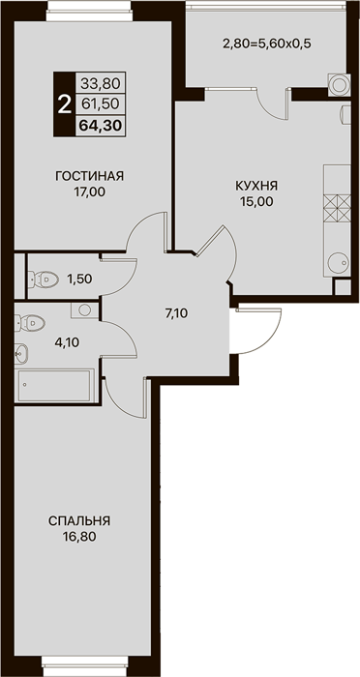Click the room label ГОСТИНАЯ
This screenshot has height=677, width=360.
pos(89,176)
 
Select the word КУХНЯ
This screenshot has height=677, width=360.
pos(256,186)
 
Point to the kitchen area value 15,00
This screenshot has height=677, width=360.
pos(257,201)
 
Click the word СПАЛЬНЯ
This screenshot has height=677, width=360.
pos(79,521)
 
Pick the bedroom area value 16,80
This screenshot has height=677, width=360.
pos(79,537)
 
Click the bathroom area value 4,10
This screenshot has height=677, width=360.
pos(67,342)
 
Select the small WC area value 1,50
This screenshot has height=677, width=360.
pos(79,279)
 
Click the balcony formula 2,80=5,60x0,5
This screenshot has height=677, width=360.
pos(267,44)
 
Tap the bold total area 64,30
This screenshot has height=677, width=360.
pos(101,126)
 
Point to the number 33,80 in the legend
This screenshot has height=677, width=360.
pos(101,83)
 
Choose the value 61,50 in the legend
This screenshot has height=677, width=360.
pos(101,104)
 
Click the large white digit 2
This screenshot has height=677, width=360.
pos(65,104)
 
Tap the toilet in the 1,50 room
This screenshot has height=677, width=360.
pos(43,279)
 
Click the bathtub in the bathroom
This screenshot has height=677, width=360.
pos(54,386)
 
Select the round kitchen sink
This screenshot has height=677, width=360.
pos(339,262)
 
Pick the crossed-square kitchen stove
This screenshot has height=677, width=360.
pos(337,208)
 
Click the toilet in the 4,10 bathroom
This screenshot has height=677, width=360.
pos(30,323)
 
